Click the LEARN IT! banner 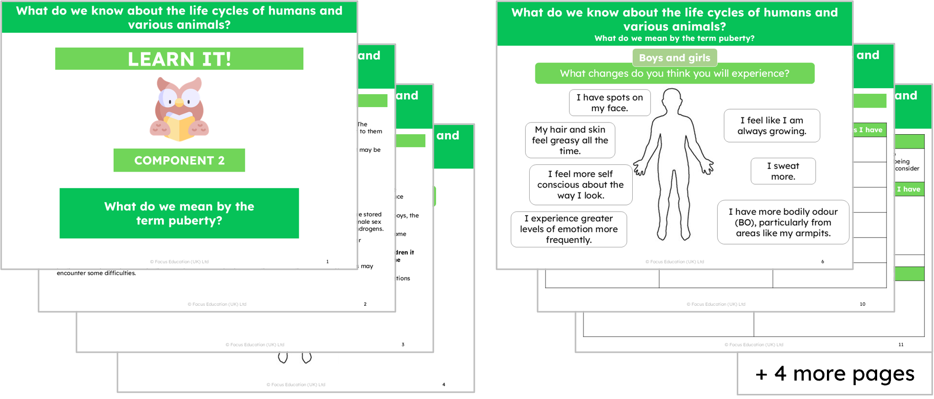[x=179, y=59]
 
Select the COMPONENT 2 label [x=179, y=160]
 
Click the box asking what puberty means [x=179, y=213]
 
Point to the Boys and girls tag [x=674, y=58]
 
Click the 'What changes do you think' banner [x=674, y=73]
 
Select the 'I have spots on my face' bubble [x=609, y=102]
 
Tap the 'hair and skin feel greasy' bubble [x=570, y=140]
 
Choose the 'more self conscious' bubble [x=580, y=184]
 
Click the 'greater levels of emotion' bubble [x=569, y=229]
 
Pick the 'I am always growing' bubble [x=772, y=125]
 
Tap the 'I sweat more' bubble [x=783, y=171]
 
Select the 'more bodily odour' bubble [x=783, y=222]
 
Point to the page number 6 [x=823, y=262]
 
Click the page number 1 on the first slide [x=327, y=262]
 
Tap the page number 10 [x=862, y=304]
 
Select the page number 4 [x=444, y=385]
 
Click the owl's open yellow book [x=179, y=127]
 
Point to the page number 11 [x=901, y=345]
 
